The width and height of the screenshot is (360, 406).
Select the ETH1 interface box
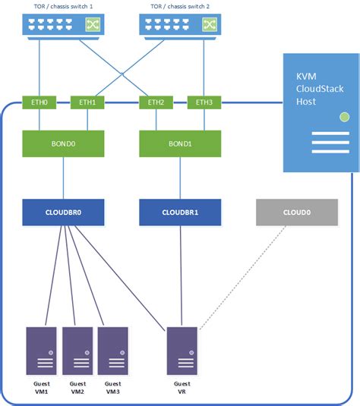point(87,102)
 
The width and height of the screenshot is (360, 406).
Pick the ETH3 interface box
point(203,102)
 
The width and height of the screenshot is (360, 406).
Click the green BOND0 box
point(63,143)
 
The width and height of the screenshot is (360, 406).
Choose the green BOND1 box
point(180,143)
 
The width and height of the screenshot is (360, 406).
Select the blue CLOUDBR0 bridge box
point(63,213)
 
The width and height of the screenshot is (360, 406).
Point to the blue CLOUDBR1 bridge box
point(180,213)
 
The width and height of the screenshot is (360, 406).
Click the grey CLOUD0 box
point(297,213)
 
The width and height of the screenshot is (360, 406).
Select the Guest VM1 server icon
point(43,351)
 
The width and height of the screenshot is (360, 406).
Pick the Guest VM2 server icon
point(77,351)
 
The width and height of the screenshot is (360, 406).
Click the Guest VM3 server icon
point(112,351)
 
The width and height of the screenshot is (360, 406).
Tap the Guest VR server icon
point(181,351)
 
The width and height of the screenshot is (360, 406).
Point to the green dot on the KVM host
point(345,118)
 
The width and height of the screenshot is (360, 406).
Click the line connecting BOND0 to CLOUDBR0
point(63,178)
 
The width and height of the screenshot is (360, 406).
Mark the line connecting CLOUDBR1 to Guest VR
point(180,273)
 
